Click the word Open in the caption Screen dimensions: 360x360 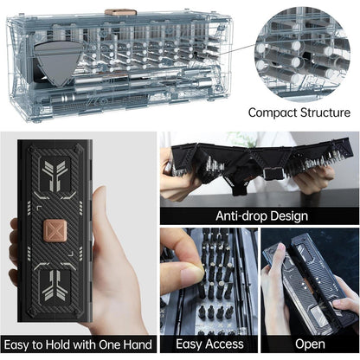[310, 344]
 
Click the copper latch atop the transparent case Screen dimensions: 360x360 [120, 12]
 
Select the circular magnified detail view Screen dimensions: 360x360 [302, 54]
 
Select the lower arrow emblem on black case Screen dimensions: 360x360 [55, 285]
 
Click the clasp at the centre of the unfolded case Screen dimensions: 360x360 [272, 173]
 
